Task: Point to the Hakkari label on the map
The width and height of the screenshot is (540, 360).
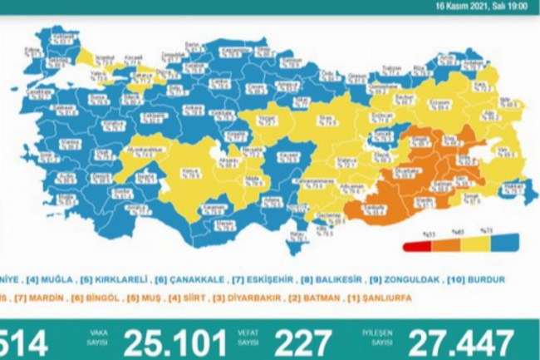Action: point(512,188)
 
